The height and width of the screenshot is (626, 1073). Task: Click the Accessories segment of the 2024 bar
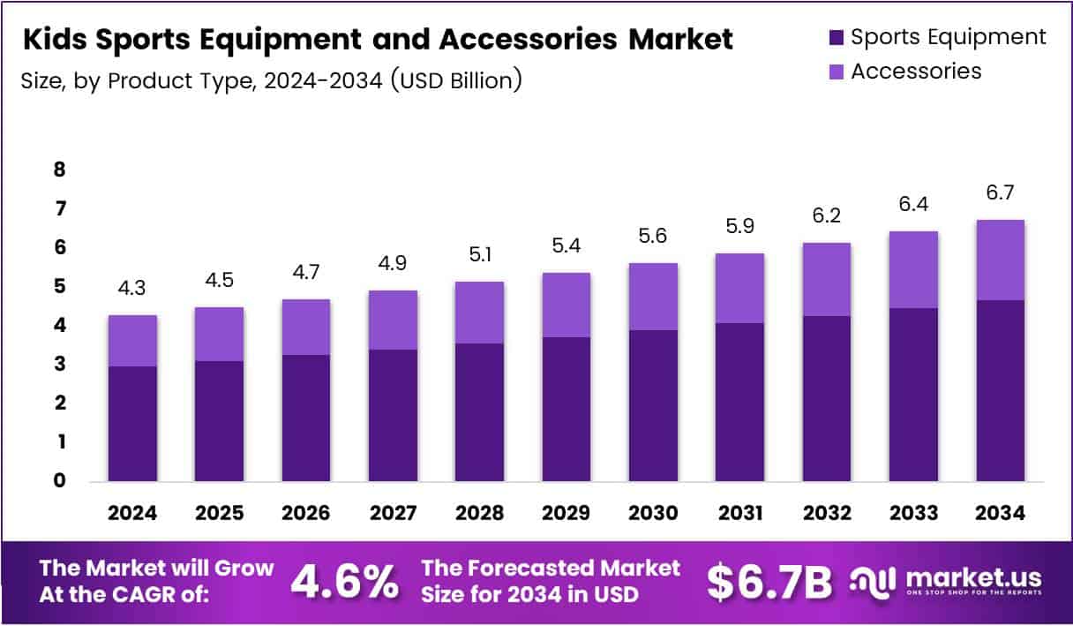click(x=132, y=341)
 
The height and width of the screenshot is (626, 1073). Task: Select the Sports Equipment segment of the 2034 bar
click(x=1000, y=390)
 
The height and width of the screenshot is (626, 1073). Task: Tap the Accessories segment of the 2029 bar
click(x=567, y=305)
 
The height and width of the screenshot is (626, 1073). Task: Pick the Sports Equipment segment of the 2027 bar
click(x=393, y=415)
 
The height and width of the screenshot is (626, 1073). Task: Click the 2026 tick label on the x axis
click(x=306, y=513)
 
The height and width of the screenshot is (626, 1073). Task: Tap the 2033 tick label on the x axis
click(x=913, y=513)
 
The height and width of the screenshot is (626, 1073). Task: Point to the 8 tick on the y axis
click(x=59, y=170)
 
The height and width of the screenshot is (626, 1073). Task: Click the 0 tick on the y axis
click(x=59, y=481)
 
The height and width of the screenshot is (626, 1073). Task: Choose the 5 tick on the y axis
click(x=59, y=287)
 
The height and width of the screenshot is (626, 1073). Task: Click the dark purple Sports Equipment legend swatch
click(x=835, y=38)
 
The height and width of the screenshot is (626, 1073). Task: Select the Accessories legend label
click(x=916, y=72)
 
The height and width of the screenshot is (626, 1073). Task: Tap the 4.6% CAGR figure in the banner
click(x=344, y=581)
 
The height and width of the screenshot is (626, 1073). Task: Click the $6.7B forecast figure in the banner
click(x=769, y=581)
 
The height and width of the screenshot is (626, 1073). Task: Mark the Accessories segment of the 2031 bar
click(x=739, y=288)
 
